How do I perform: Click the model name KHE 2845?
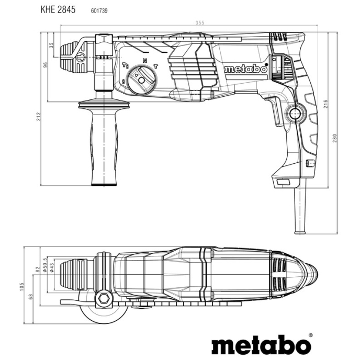[57, 9]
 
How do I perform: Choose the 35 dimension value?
[51, 45]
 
